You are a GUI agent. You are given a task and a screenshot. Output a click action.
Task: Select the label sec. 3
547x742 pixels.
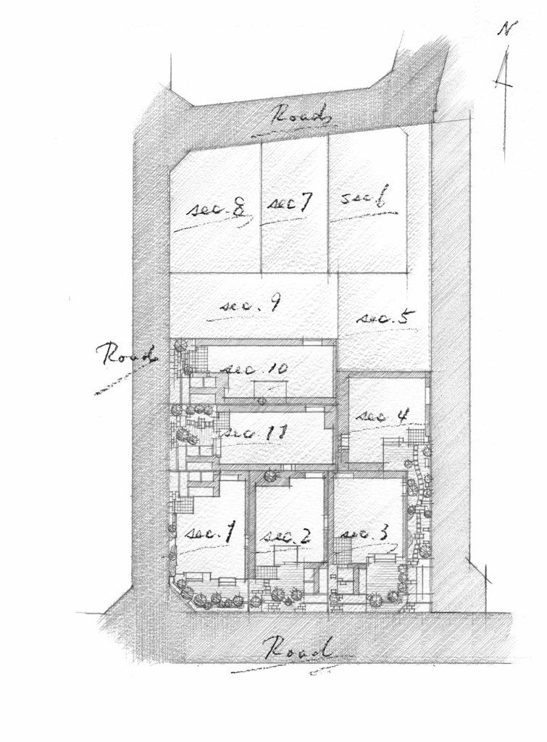(366, 533)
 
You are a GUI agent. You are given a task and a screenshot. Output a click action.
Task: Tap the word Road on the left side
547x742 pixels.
(128, 355)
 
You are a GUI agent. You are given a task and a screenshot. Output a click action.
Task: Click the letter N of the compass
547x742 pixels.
(507, 29)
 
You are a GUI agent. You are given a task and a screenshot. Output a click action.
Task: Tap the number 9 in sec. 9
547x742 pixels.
(275, 305)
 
